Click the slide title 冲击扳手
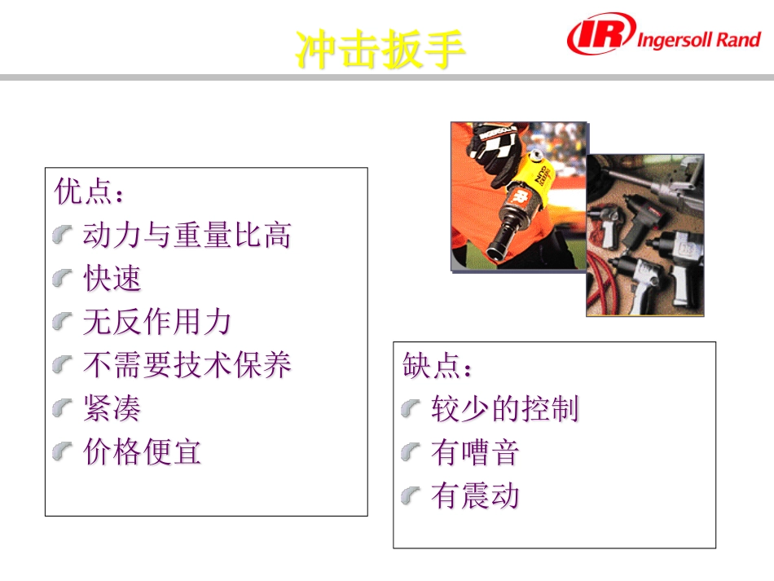tap(380, 51)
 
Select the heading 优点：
tap(90, 192)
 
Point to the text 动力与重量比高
tap(187, 235)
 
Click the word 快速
tap(112, 279)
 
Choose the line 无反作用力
tap(157, 322)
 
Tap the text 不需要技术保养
tap(187, 365)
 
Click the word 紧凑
tap(112, 408)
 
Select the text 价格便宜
tap(142, 451)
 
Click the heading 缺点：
tap(438, 366)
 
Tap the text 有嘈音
tap(475, 452)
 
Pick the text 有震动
tap(475, 495)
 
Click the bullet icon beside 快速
tap(63, 279)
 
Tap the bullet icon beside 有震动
tap(411, 495)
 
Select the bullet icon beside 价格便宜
tap(63, 451)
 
